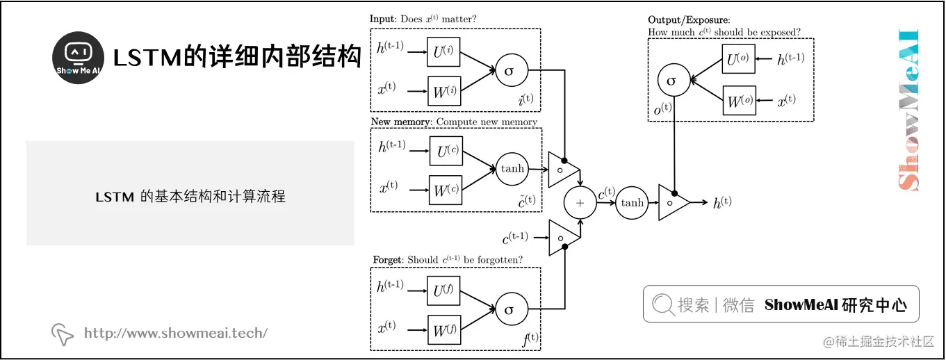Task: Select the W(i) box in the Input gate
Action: pyautogui.click(x=444, y=90)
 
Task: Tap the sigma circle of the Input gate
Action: pyautogui.click(x=511, y=69)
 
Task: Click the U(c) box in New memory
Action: pyautogui.click(x=446, y=151)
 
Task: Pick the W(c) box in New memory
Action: pyautogui.click(x=446, y=189)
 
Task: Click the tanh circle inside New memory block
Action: pyautogui.click(x=512, y=168)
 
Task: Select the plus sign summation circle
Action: pyautogui.click(x=580, y=203)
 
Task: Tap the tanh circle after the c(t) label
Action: pyautogui.click(x=632, y=203)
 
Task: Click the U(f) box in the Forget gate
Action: pyautogui.click(x=443, y=291)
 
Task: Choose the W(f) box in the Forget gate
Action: pyautogui.click(x=443, y=330)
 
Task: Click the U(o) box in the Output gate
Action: pyautogui.click(x=739, y=60)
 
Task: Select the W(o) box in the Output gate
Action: pyautogui.click(x=739, y=101)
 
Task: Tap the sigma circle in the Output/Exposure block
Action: pyautogui.click(x=671, y=81)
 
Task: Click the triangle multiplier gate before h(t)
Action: pyautogui.click(x=672, y=203)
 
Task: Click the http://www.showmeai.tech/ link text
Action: pyautogui.click(x=175, y=333)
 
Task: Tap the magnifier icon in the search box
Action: pyautogui.click(x=662, y=304)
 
